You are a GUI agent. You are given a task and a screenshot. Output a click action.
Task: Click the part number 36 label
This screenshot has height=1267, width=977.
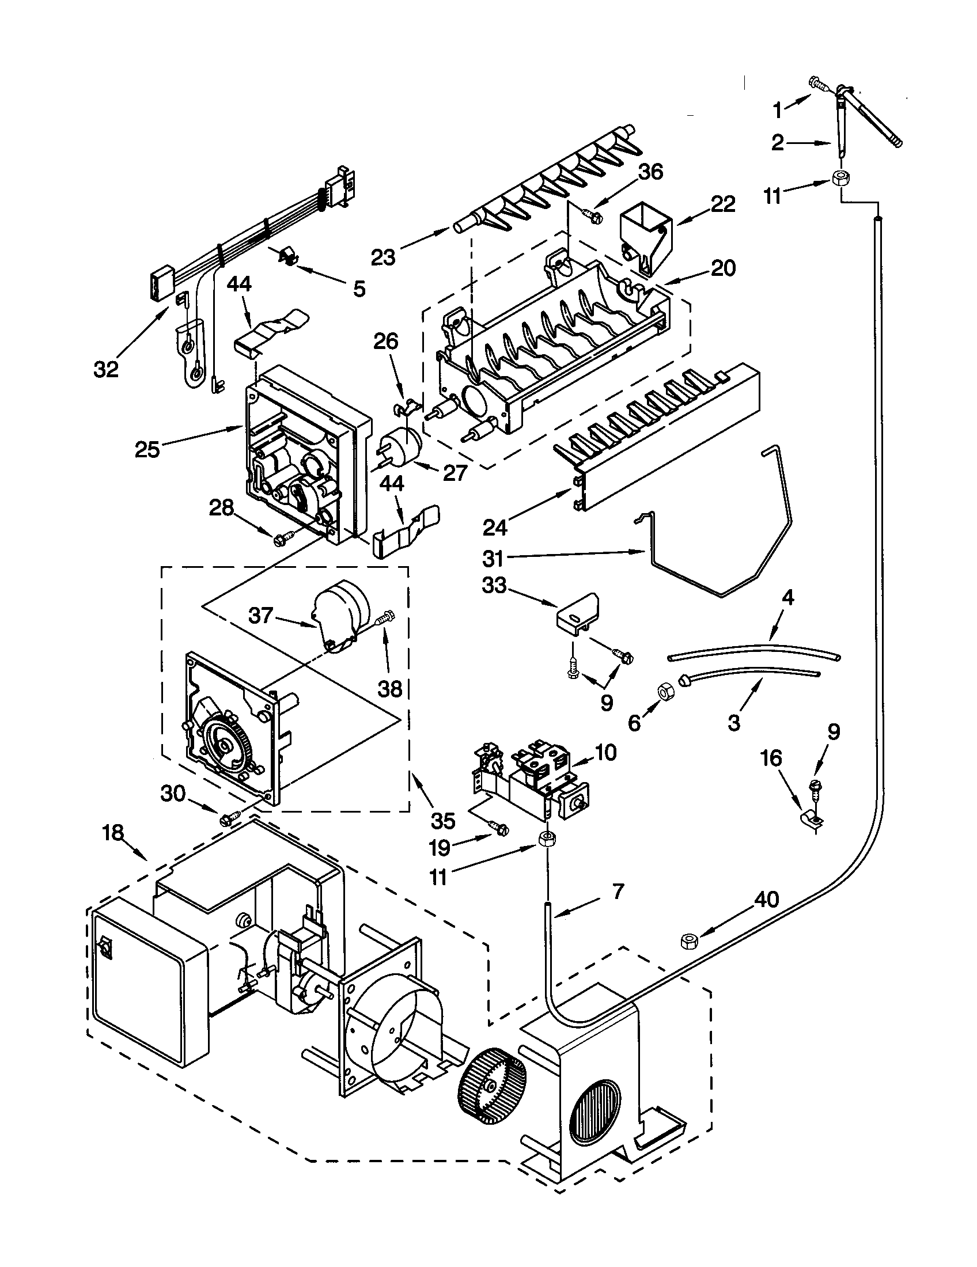(x=650, y=172)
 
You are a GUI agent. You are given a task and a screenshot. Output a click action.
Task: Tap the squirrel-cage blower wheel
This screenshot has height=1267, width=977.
(x=492, y=1084)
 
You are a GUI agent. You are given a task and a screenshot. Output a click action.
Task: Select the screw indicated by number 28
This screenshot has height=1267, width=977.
(x=280, y=540)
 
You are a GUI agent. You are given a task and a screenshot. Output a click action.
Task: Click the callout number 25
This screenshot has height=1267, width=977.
(x=147, y=449)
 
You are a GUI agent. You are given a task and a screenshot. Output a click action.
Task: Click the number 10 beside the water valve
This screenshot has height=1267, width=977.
(x=605, y=753)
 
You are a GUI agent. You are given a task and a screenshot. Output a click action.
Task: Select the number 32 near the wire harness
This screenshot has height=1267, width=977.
(x=106, y=369)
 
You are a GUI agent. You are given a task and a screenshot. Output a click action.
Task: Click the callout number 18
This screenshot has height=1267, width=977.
(x=113, y=833)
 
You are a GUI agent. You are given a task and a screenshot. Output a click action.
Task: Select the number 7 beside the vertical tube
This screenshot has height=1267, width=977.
(x=618, y=891)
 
